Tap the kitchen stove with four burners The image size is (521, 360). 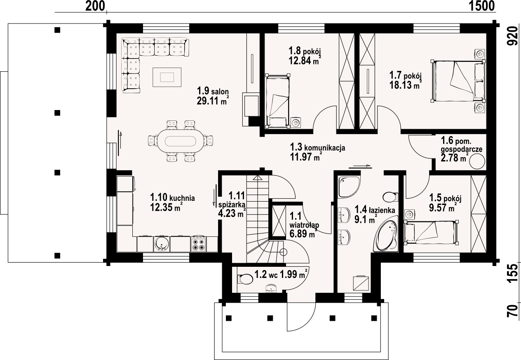198,244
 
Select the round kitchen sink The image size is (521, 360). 162,244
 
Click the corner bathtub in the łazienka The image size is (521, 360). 386,233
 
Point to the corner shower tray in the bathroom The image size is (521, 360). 349,187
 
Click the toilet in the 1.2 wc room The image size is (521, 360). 245,278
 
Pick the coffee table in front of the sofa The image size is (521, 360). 167,77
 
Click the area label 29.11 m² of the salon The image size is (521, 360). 213,101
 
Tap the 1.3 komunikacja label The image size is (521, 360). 317,147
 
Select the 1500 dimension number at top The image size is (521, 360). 481,6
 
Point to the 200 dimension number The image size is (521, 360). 95,6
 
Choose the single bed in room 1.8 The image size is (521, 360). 277,101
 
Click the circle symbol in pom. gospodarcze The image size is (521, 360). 477,162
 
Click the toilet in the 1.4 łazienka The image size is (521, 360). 390,197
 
